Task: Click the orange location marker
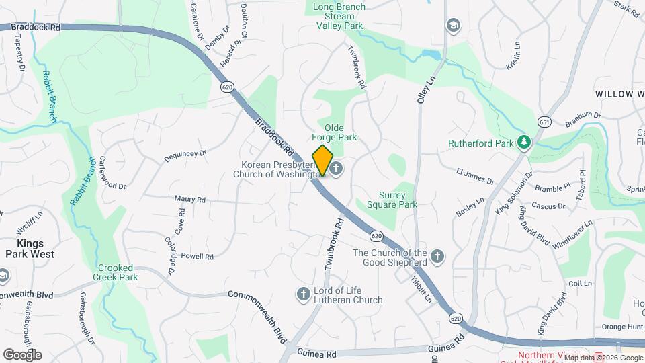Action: [x=322, y=160]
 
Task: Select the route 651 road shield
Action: [x=544, y=122]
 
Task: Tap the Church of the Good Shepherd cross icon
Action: [x=437, y=256]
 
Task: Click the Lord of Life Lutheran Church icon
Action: [x=303, y=293]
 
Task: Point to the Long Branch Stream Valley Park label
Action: [x=339, y=16]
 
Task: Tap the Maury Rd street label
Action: [x=189, y=199]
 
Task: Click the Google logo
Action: [x=22, y=354]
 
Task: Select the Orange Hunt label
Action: [x=622, y=327]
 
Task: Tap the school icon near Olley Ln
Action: [x=454, y=26]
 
